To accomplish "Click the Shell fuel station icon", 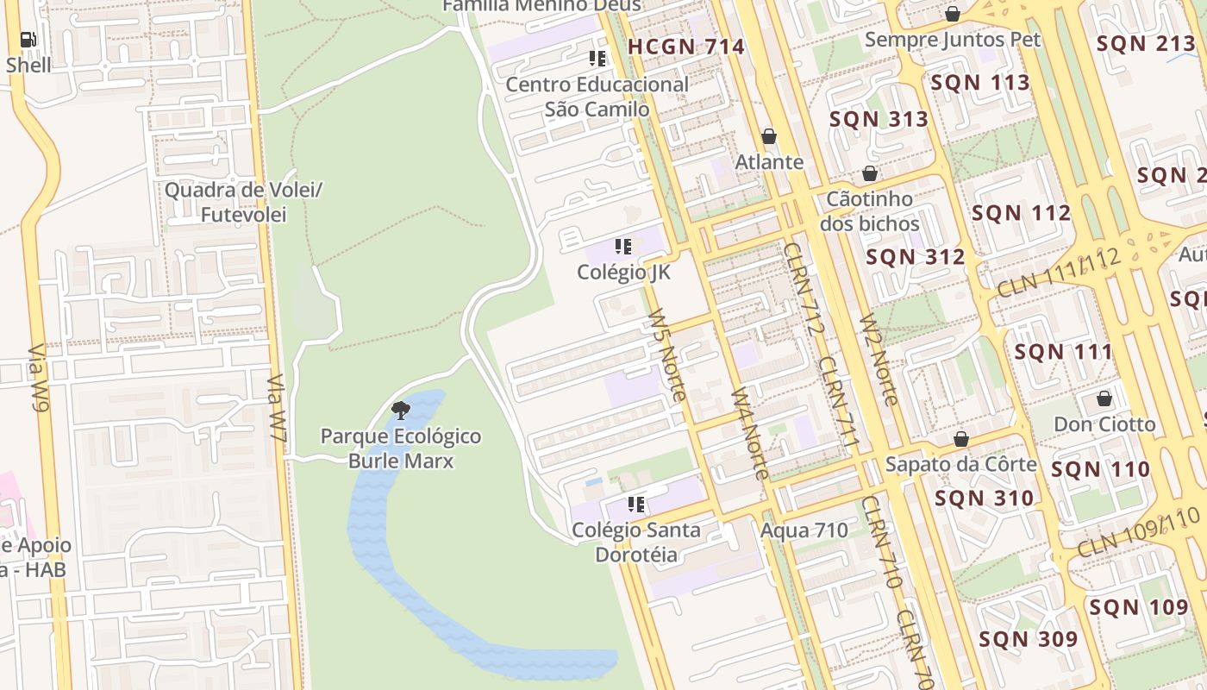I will (28, 40).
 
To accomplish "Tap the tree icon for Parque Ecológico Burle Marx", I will (400, 411).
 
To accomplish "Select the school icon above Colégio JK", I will (623, 248).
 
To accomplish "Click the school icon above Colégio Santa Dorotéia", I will (636, 505).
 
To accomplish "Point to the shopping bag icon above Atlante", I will (769, 137).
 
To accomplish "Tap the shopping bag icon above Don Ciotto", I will (1104, 399).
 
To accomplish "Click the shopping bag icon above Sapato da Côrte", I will (961, 440).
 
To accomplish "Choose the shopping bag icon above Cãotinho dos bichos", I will (870, 173).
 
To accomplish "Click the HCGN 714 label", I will (686, 47).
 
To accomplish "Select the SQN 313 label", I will (879, 119).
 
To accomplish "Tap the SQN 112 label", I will (1022, 213).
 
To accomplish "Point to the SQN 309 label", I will (1028, 639).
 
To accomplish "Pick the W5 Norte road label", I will (667, 354).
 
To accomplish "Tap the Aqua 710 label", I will (804, 530).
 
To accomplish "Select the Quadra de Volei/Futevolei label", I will (243, 202).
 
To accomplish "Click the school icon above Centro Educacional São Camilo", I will (597, 59).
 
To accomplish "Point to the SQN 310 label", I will (984, 499).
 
